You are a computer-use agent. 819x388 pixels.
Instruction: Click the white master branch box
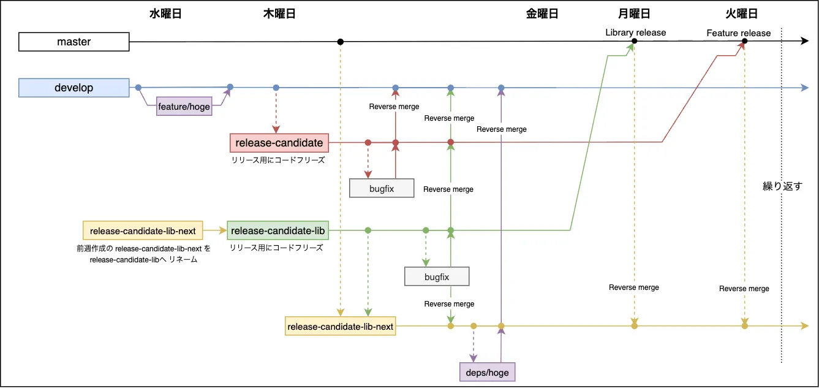(x=74, y=42)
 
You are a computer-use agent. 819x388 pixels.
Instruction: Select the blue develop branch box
(x=74, y=88)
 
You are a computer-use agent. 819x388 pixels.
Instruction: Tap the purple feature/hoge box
(x=184, y=107)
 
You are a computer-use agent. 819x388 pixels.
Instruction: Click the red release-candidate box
(x=279, y=143)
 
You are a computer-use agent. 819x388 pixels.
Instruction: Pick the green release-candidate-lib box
(x=277, y=231)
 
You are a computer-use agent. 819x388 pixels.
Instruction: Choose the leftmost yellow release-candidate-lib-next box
(x=142, y=231)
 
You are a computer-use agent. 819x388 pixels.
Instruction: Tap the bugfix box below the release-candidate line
(x=382, y=188)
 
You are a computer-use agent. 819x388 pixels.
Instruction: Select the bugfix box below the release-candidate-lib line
(x=437, y=277)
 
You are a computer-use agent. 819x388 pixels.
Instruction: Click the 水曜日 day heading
(x=165, y=14)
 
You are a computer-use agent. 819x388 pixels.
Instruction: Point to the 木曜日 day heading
(x=279, y=14)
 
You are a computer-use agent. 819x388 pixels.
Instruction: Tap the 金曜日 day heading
(x=542, y=14)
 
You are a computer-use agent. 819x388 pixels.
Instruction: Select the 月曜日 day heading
(x=634, y=14)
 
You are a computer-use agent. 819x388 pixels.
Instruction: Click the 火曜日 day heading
(x=742, y=14)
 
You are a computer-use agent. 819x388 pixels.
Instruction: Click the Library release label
(x=635, y=32)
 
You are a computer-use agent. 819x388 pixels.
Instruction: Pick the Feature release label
(x=738, y=33)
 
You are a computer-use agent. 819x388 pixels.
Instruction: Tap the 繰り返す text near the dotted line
(x=782, y=186)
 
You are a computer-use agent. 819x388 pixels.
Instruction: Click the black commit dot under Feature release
(x=744, y=42)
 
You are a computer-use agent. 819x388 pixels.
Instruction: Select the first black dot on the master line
(x=340, y=42)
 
